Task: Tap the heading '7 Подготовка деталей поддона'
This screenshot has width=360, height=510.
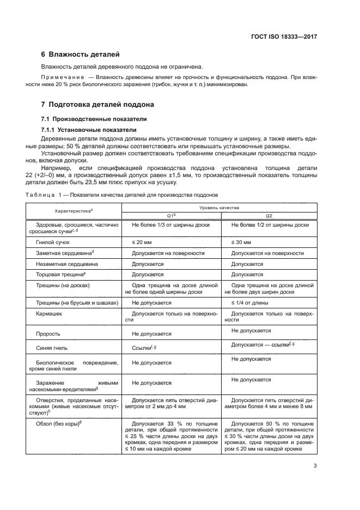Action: tap(98, 104)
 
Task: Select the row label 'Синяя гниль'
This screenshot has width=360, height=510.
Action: tap(54, 347)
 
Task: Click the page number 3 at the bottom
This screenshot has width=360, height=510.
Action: tap(315, 466)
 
